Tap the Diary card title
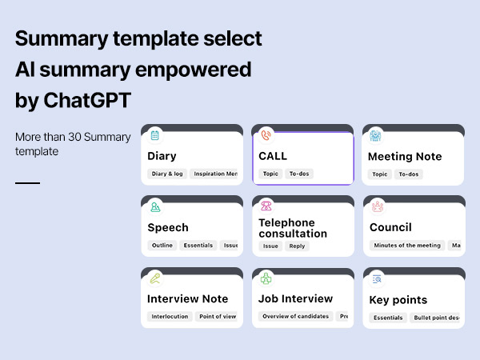[x=162, y=156]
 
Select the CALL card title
[x=273, y=156]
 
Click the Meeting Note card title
[x=405, y=156]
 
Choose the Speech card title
[x=168, y=227]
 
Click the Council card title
[x=390, y=227]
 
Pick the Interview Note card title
[x=188, y=298]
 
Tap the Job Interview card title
[x=296, y=298]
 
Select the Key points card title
[x=398, y=300]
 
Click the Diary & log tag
[x=167, y=174]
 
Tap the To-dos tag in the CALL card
[x=298, y=174]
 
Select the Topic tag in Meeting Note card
[x=380, y=174]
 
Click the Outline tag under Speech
[x=162, y=246]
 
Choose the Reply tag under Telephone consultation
[x=297, y=246]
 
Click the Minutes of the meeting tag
[x=407, y=246]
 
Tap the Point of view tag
[x=218, y=317]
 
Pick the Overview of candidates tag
[x=295, y=317]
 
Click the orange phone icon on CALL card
[x=266, y=135]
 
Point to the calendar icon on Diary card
[x=155, y=135]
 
